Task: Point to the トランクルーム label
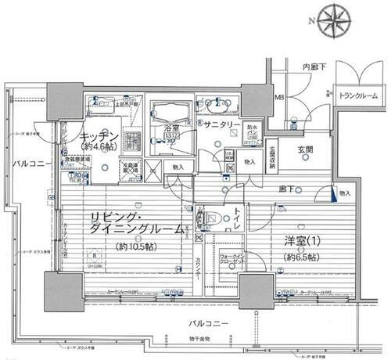[x=357, y=95]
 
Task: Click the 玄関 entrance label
[x=304, y=149]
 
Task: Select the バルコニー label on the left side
[x=27, y=164]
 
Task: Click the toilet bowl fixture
[x=210, y=218]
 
